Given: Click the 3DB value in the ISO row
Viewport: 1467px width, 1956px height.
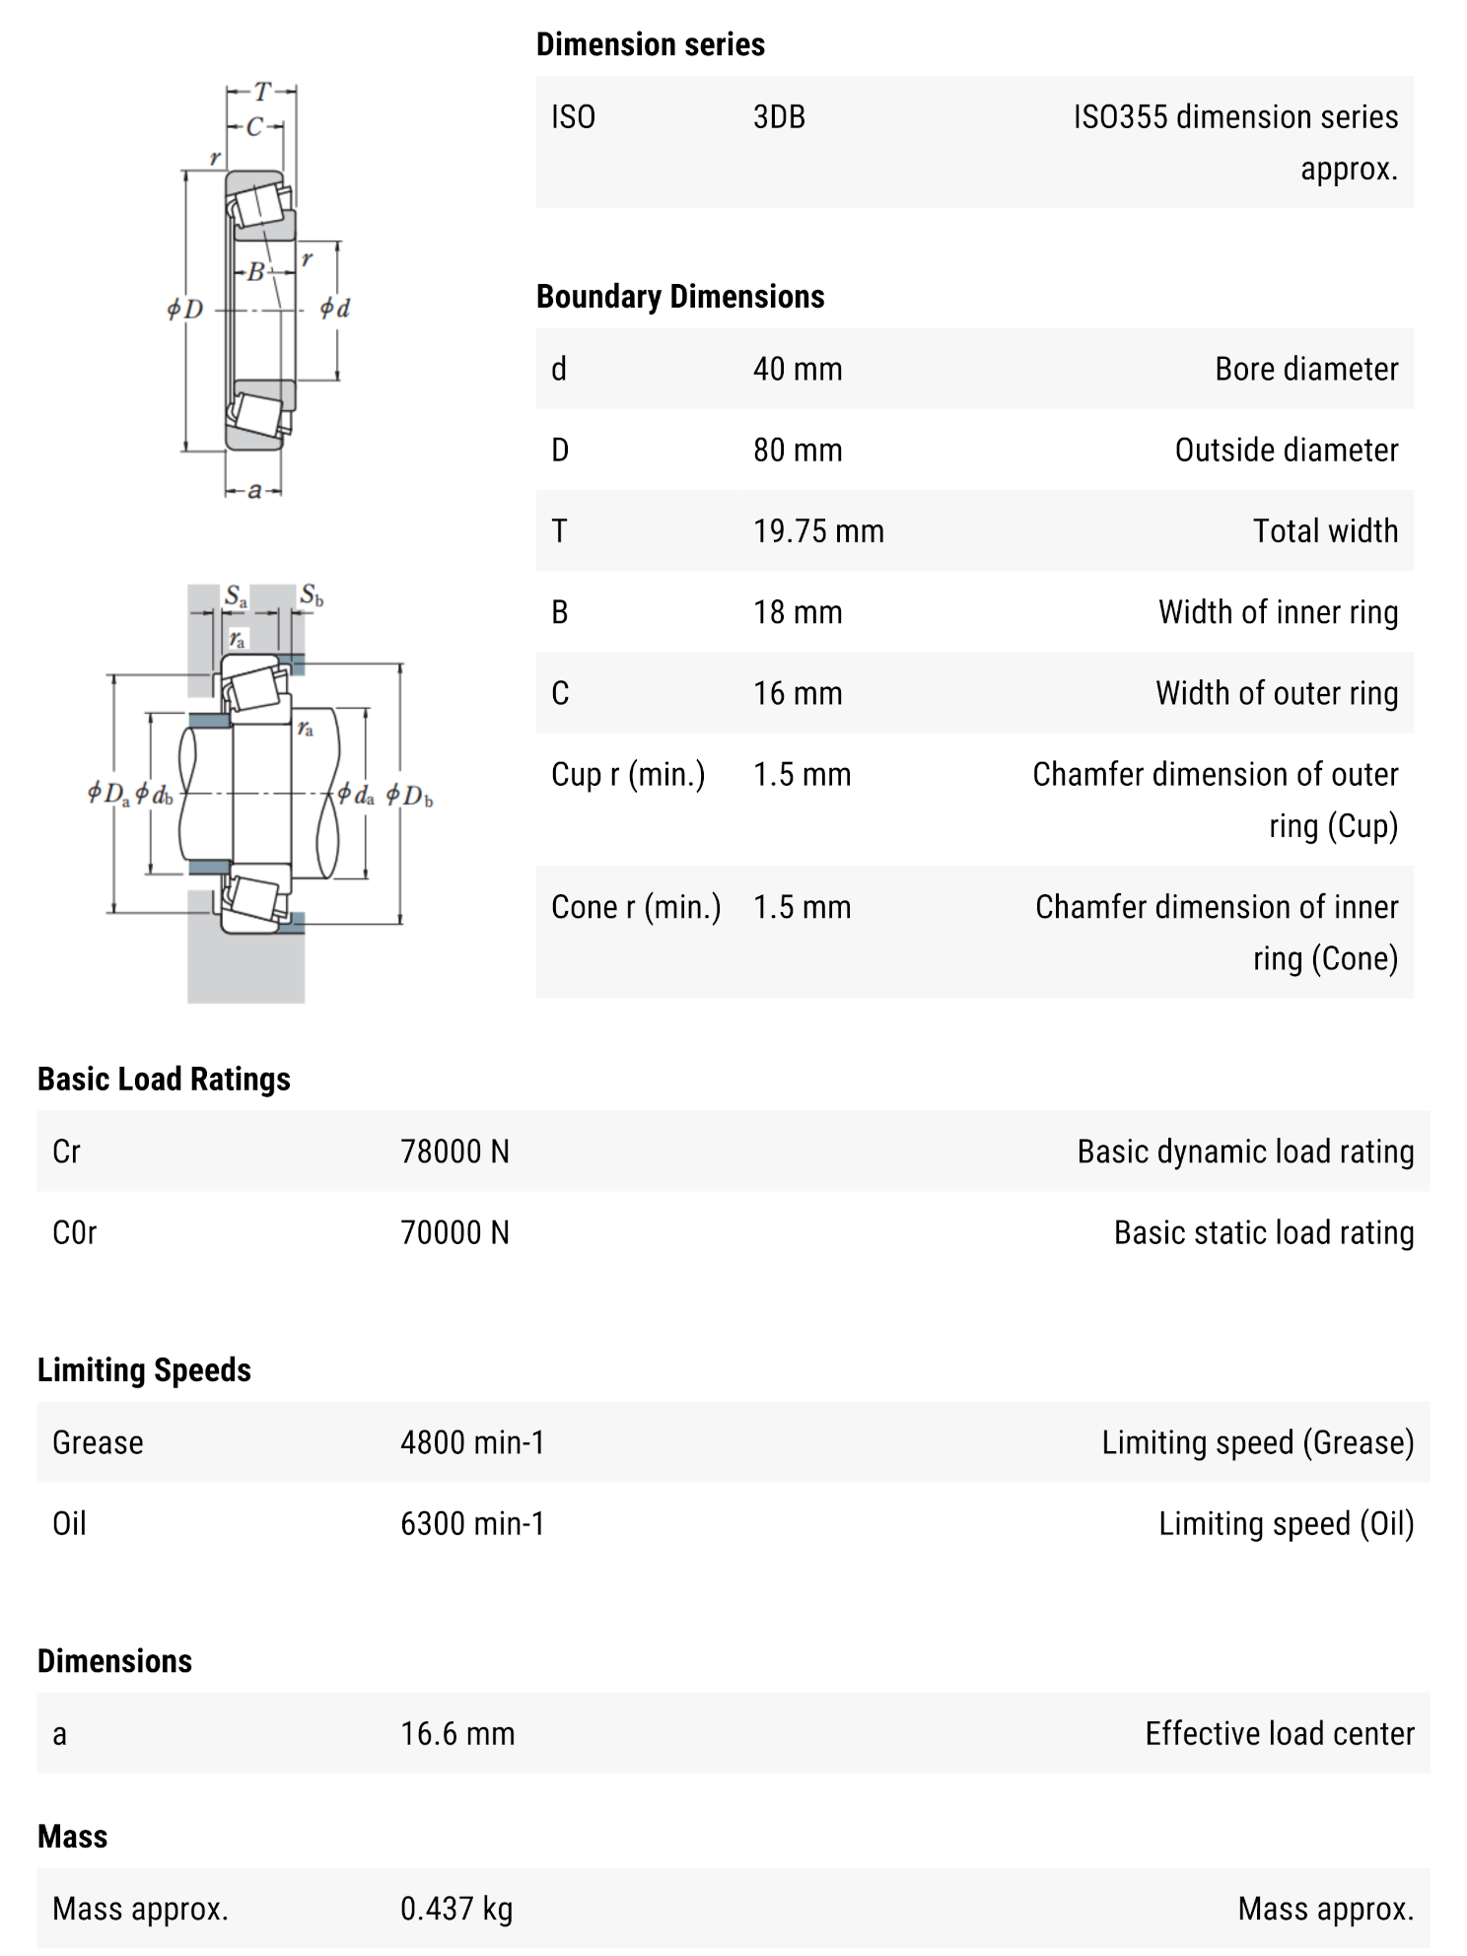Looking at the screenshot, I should pyautogui.click(x=779, y=117).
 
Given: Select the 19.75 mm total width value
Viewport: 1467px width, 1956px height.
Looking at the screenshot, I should pyautogui.click(x=817, y=531).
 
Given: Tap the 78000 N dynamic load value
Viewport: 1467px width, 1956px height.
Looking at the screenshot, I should pyautogui.click(x=454, y=1152).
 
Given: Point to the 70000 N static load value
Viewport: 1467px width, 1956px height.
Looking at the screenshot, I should pyautogui.click(x=454, y=1232).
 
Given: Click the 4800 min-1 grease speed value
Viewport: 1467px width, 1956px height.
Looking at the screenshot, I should pyautogui.click(x=471, y=1442).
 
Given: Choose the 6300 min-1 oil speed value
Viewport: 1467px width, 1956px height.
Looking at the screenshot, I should pyautogui.click(x=471, y=1523).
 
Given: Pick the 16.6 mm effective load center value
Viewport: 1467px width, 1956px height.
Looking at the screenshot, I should pyautogui.click(x=457, y=1733).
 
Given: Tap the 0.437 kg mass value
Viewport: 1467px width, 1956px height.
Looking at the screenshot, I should pyautogui.click(x=456, y=1909).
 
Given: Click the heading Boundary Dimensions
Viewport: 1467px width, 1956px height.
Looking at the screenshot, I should pyautogui.click(x=680, y=297).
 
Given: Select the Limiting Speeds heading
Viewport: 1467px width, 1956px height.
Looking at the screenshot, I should pyautogui.click(x=144, y=1370).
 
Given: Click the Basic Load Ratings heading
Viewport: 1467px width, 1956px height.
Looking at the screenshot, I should pyautogui.click(x=164, y=1080).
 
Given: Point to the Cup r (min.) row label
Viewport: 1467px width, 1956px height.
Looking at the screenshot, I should pyautogui.click(x=628, y=775).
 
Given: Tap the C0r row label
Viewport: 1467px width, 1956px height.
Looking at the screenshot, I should pyautogui.click(x=75, y=1232).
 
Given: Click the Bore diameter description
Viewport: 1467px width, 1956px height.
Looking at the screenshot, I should pyautogui.click(x=1306, y=370).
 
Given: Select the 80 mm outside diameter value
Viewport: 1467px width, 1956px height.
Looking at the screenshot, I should pyautogui.click(x=798, y=451).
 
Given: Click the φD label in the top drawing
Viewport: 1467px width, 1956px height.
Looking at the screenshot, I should pyautogui.click(x=185, y=310).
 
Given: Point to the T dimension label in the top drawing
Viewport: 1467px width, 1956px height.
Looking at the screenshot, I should pyautogui.click(x=262, y=93).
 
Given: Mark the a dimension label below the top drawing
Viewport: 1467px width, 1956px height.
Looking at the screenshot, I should pyautogui.click(x=254, y=491).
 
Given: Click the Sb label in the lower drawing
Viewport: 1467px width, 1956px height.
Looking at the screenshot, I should pyautogui.click(x=312, y=594).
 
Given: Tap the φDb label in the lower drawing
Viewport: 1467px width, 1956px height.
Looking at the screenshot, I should pyautogui.click(x=408, y=795).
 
